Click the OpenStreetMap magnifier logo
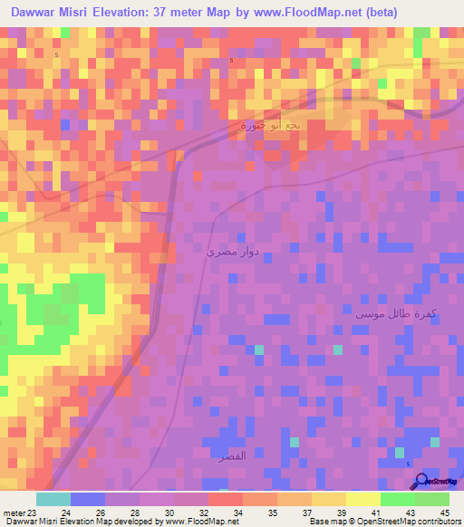click(420, 481)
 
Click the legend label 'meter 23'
click(20, 511)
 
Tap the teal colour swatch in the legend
click(53, 499)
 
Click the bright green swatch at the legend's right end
click(431, 499)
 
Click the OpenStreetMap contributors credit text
click(401, 522)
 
